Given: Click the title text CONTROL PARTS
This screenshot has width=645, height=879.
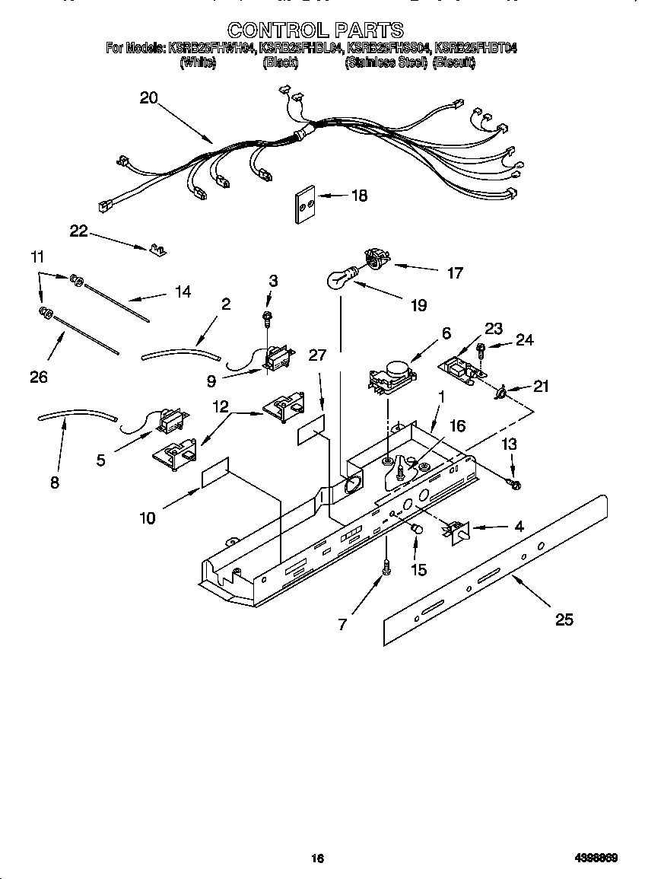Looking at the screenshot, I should pyautogui.click(x=315, y=30).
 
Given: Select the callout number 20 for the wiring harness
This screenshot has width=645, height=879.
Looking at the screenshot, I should pyautogui.click(x=148, y=97).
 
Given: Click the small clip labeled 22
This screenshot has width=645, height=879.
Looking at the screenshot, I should pyautogui.click(x=159, y=249).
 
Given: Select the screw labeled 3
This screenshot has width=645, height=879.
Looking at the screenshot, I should pyautogui.click(x=268, y=314).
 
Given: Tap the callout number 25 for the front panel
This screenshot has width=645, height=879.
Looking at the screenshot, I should pyautogui.click(x=564, y=619).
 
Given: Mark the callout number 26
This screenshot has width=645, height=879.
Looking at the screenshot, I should pyautogui.click(x=39, y=376).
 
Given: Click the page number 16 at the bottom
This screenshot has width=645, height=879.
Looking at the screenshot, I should pyautogui.click(x=317, y=858).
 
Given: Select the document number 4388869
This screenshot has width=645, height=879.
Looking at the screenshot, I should pyautogui.click(x=596, y=858).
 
